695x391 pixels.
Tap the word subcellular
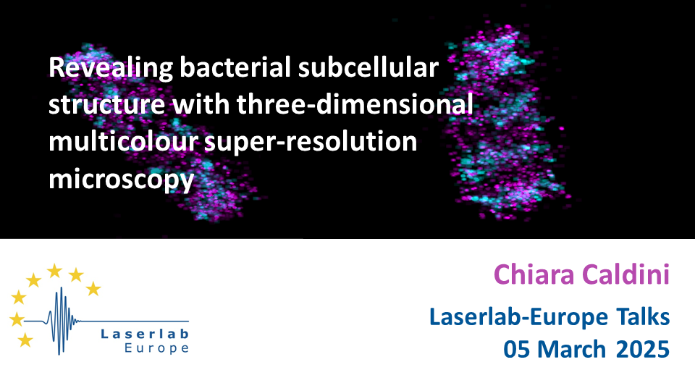click(x=368, y=67)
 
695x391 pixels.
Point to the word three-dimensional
click(x=355, y=104)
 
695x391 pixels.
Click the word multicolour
click(x=123, y=142)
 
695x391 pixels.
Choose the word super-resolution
click(x=311, y=143)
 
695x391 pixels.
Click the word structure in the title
click(x=107, y=106)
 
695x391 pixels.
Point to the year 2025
click(x=643, y=349)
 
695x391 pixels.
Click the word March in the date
click(x=572, y=349)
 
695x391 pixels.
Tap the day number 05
click(x=516, y=349)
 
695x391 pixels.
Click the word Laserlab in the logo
click(x=145, y=334)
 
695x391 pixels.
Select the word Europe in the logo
click(x=157, y=348)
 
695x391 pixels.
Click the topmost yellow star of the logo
click(x=54, y=270)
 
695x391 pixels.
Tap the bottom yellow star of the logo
click(x=25, y=340)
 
